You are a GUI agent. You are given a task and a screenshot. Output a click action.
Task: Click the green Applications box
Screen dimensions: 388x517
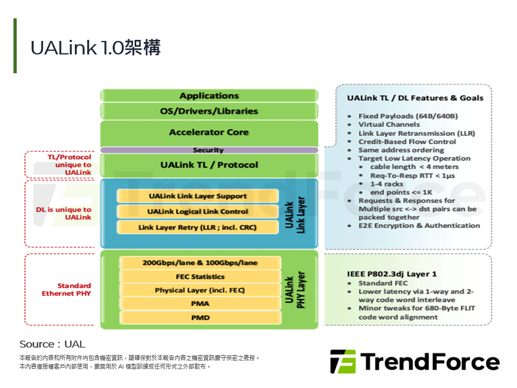coord(209,96)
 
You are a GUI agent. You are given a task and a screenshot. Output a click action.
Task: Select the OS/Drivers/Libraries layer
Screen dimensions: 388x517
coord(209,112)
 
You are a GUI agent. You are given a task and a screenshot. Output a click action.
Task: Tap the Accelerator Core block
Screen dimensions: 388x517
coord(209,133)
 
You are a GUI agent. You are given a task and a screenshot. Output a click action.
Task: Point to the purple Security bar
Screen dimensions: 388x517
coord(208,150)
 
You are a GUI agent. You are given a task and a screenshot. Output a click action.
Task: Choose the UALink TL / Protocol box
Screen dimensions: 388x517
coord(209,165)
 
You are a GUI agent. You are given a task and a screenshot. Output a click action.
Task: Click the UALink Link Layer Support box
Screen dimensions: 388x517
coord(198,196)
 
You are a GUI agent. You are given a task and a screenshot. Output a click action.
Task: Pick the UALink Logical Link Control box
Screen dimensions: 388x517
coord(198,212)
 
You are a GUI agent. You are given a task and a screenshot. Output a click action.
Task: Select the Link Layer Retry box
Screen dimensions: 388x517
coord(198,227)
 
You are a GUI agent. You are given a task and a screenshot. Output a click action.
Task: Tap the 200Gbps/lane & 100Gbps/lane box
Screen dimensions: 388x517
coord(200,263)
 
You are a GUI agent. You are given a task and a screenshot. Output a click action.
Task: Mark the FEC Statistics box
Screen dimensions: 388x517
coord(200,277)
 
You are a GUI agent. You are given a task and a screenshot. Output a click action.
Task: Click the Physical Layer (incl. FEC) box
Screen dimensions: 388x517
coord(200,290)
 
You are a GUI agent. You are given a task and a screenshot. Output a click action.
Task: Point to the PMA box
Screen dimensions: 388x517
coord(200,304)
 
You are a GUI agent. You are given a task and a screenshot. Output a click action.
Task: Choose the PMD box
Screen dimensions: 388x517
coord(200,318)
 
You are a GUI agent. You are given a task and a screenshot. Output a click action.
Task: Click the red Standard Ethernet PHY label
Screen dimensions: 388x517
coord(66,290)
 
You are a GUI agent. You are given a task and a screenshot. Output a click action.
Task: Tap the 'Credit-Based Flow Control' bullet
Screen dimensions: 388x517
coord(407,142)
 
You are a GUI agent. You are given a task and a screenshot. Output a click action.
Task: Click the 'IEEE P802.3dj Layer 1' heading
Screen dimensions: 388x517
coord(392,274)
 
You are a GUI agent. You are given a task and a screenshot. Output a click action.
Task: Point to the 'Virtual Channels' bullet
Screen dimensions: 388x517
coord(389,124)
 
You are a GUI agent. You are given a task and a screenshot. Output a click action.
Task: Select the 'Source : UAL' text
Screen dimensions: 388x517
coord(52,344)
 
